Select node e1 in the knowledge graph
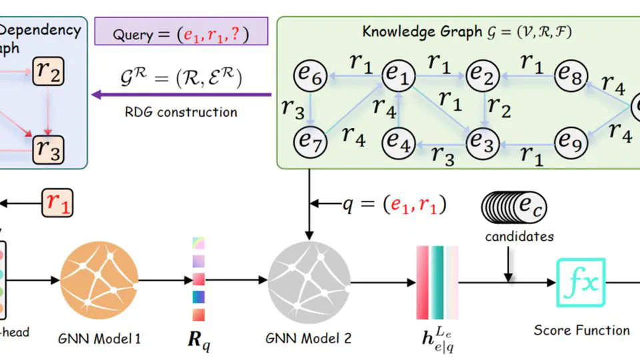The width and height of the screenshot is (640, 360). (397, 77)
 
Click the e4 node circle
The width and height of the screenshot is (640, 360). (397, 141)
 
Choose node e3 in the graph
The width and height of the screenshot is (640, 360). (483, 141)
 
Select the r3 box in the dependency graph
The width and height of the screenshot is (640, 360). (49, 147)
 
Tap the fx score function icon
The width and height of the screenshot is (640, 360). (581, 283)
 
